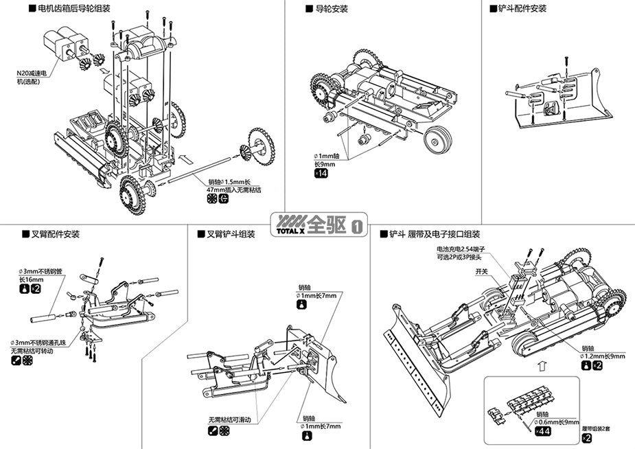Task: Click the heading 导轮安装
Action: point(331,10)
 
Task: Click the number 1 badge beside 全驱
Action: point(357,226)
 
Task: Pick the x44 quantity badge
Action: point(542,431)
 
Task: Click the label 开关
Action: point(482,272)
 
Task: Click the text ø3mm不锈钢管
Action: point(40,272)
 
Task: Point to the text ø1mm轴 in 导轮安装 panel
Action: point(327,157)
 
